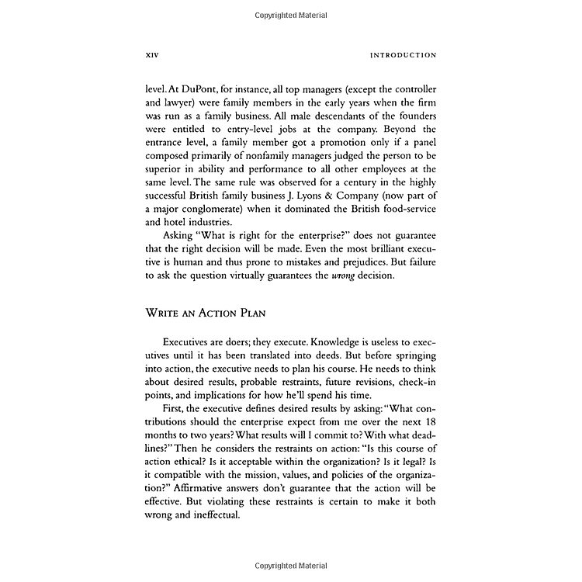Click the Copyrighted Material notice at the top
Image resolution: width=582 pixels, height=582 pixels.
[290, 15]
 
